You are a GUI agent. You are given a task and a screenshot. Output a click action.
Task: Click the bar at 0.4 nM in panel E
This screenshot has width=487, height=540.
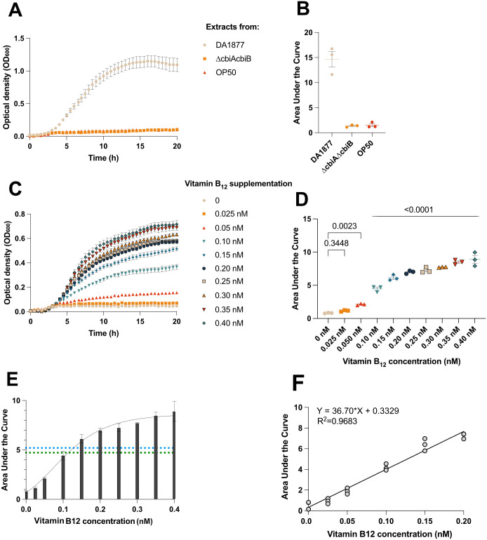click(154, 459)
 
